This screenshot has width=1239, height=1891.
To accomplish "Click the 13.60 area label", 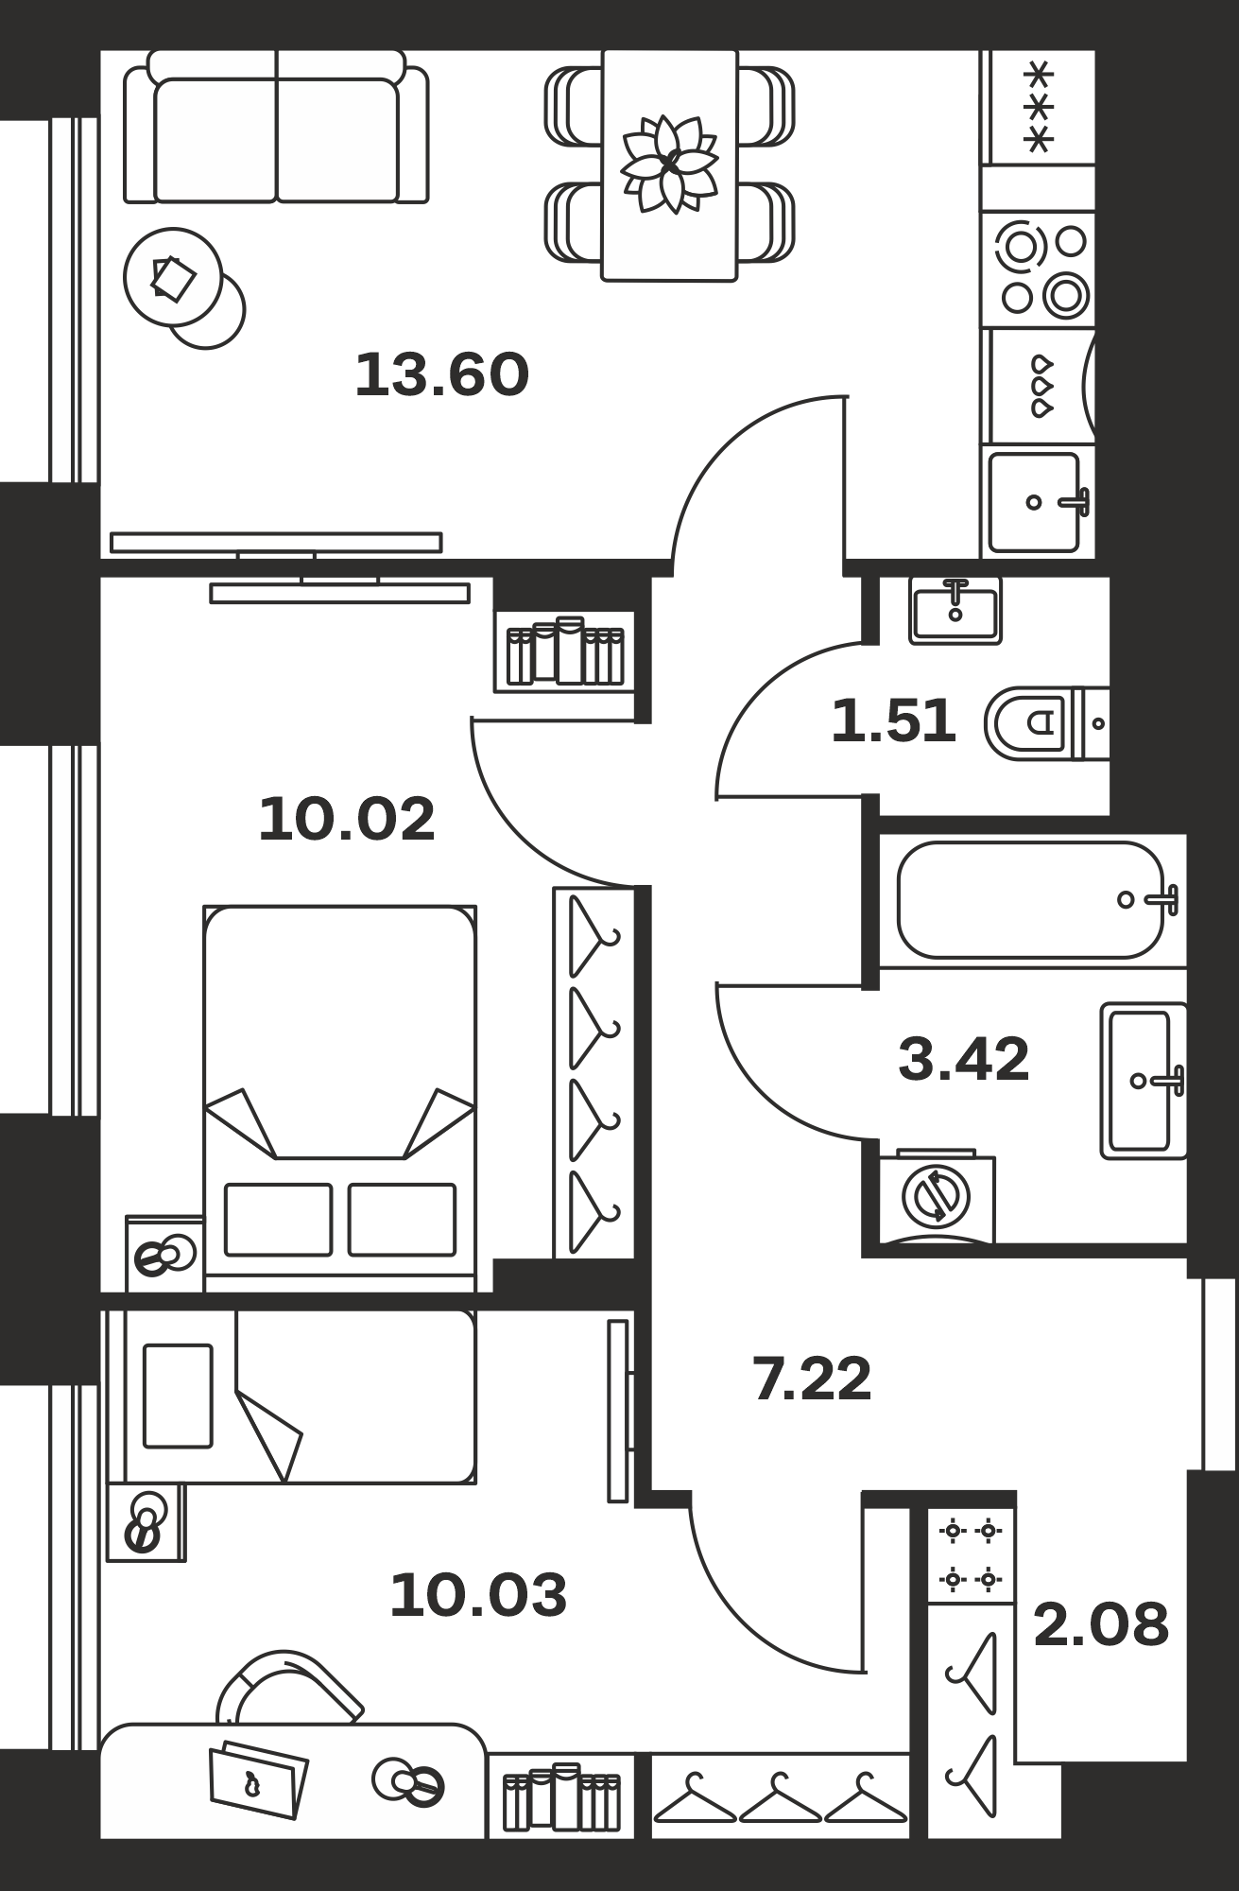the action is click(x=441, y=374).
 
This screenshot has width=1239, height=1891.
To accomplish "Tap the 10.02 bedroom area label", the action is click(x=347, y=819).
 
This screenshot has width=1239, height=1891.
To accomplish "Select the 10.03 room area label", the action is click(x=478, y=1594).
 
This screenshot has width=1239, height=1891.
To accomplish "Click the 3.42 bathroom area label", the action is click(x=963, y=1059).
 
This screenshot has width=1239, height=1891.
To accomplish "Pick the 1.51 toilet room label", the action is click(x=894, y=720).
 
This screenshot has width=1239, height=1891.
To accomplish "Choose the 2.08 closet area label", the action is click(x=1101, y=1624).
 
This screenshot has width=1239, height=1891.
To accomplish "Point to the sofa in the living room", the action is click(x=276, y=127).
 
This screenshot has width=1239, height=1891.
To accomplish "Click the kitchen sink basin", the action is click(x=1035, y=502).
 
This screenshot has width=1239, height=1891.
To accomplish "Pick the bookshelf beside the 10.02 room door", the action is click(x=564, y=651).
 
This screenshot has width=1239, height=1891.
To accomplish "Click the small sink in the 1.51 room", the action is click(x=955, y=611).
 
